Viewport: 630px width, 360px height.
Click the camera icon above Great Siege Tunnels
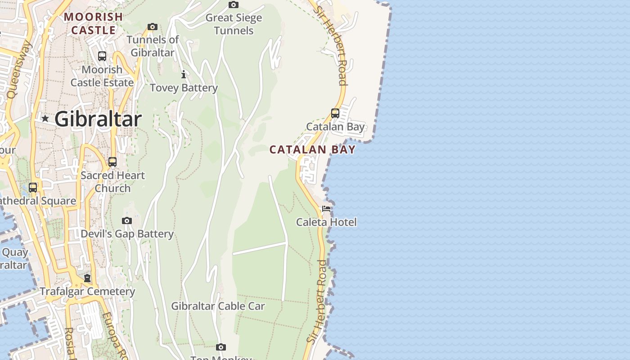(x=233, y=5)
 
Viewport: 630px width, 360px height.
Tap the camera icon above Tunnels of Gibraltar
(x=153, y=27)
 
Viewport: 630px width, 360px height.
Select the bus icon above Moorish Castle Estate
(x=102, y=56)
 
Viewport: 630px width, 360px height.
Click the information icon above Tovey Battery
(x=184, y=74)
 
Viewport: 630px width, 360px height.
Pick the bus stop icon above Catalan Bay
(x=335, y=113)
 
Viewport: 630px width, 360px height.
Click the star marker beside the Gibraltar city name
(x=45, y=119)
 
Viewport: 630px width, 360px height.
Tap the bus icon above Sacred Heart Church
(x=112, y=162)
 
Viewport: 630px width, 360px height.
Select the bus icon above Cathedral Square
(x=33, y=188)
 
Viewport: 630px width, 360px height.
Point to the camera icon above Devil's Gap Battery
(x=127, y=220)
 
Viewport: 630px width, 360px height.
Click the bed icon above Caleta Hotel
(x=326, y=209)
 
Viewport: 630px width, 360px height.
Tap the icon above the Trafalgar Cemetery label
(x=87, y=278)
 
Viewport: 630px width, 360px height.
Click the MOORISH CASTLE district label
(x=94, y=24)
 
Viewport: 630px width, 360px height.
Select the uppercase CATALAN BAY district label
(x=312, y=150)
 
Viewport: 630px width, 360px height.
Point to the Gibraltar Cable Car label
(x=218, y=306)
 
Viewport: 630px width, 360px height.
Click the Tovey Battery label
(x=184, y=88)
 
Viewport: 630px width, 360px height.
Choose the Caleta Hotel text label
(x=326, y=222)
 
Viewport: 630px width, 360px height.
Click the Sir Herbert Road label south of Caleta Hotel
(x=317, y=301)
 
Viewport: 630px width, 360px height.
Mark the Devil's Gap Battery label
(x=127, y=234)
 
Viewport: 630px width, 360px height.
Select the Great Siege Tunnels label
(x=234, y=24)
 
